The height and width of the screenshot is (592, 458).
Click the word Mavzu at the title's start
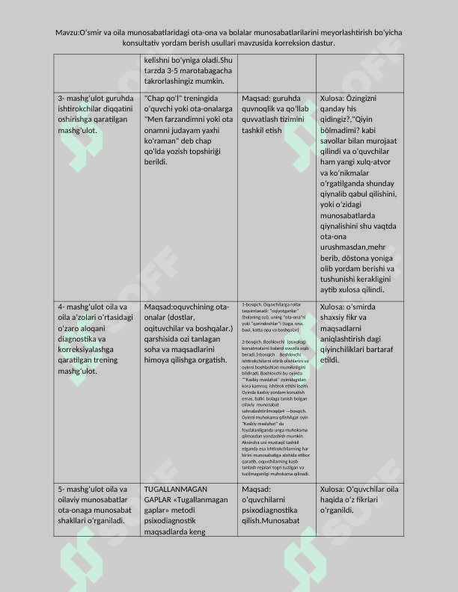click(68, 32)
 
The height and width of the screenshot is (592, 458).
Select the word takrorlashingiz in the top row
click(176, 81)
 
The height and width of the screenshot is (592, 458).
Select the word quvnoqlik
click(257, 108)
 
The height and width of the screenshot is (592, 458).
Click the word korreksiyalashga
click(91, 349)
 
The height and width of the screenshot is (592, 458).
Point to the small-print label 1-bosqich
click(254, 305)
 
